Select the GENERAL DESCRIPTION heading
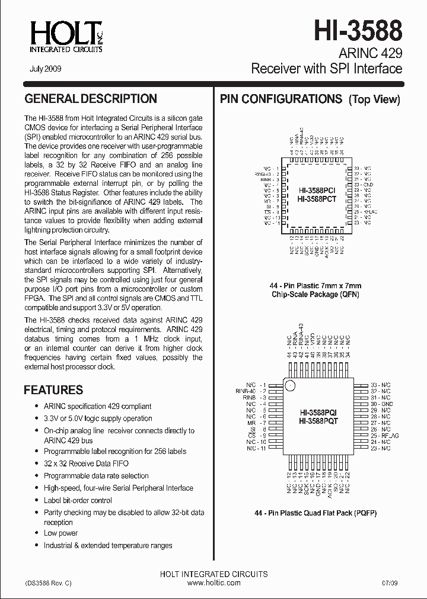(x=90, y=99)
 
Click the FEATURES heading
(x=53, y=390)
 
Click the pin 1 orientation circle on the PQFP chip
(x=291, y=386)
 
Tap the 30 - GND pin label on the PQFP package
(x=381, y=404)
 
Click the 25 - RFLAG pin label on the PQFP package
(x=384, y=436)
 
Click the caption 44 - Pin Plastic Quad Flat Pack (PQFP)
(x=316, y=513)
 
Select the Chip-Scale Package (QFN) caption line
(x=316, y=294)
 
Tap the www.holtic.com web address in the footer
(x=213, y=583)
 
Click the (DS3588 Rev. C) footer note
(x=49, y=583)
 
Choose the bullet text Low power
(x=60, y=533)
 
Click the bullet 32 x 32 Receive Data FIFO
(x=86, y=463)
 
